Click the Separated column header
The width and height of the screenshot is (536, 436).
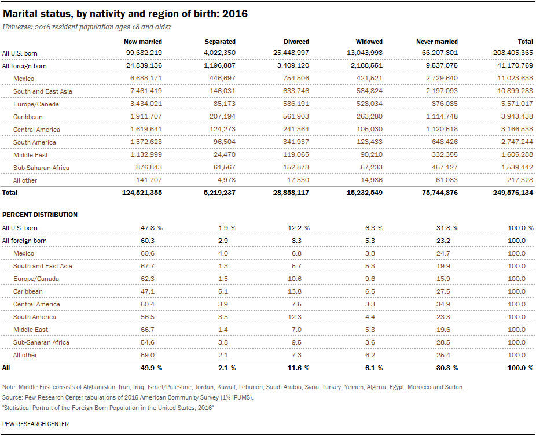point(220,42)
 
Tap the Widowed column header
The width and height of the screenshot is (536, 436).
point(369,42)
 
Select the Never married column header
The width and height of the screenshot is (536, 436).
point(436,42)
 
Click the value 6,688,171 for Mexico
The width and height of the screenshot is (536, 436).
point(146,78)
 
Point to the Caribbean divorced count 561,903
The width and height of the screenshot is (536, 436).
point(296,116)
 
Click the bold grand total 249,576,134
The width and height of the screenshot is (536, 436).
point(513,193)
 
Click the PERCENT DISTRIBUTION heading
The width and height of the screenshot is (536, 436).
point(40,215)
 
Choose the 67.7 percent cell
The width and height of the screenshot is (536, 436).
point(148,266)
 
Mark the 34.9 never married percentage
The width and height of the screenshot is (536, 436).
point(443,304)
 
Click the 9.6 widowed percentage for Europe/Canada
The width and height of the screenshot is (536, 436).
point(370,279)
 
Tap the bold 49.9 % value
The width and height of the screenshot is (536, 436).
point(152,368)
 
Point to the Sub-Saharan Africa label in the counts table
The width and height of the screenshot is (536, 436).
point(41,168)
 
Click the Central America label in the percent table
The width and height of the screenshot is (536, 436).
point(36,304)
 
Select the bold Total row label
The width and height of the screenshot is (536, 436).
point(10,193)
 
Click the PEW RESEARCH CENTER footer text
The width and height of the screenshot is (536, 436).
point(35,424)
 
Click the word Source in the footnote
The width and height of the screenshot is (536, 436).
point(10,397)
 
